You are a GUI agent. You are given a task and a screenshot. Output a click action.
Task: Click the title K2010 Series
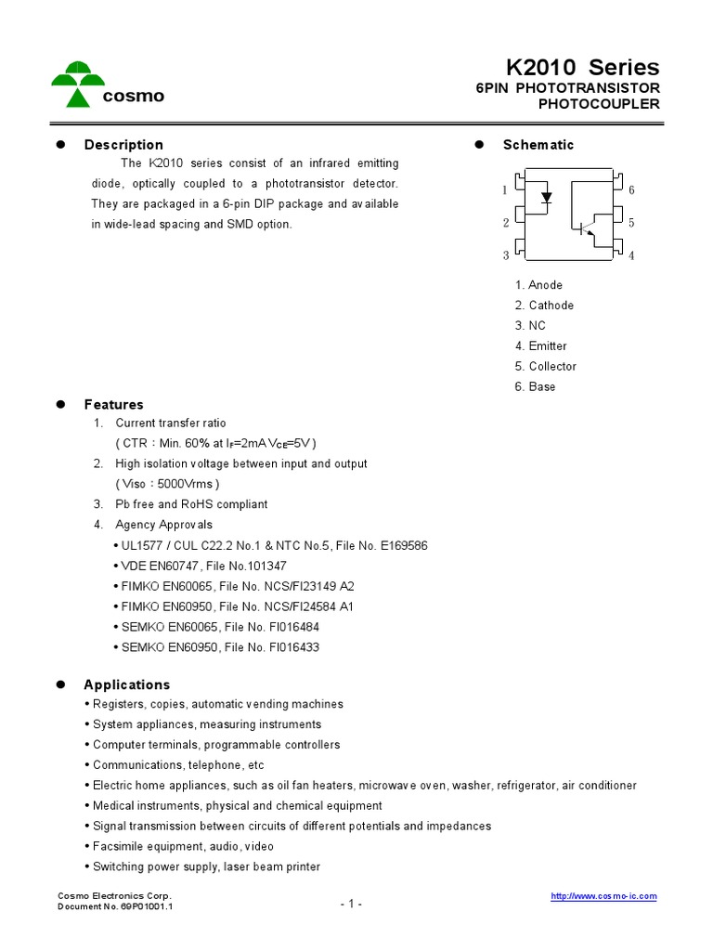click(582, 67)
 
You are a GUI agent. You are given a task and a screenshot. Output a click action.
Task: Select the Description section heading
click(123, 145)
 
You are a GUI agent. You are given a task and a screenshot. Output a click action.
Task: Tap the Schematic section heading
click(538, 145)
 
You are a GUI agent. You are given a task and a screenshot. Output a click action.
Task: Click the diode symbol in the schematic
click(547, 197)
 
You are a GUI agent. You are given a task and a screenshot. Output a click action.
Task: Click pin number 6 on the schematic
click(631, 190)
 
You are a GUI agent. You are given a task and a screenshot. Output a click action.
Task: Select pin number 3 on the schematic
click(506, 255)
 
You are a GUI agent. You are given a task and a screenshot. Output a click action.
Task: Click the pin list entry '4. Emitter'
click(540, 346)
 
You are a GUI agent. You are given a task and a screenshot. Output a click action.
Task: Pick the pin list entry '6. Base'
click(535, 387)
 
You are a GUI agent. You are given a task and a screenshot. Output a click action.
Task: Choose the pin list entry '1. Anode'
click(538, 285)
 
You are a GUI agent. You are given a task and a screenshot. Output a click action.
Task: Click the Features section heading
click(113, 405)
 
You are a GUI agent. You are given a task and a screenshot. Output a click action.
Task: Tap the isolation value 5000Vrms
click(188, 484)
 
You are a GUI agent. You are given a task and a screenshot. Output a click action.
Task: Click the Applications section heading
click(126, 685)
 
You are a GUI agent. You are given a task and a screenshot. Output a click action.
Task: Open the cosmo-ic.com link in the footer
click(603, 896)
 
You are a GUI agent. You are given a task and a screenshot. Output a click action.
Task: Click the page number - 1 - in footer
click(351, 905)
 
